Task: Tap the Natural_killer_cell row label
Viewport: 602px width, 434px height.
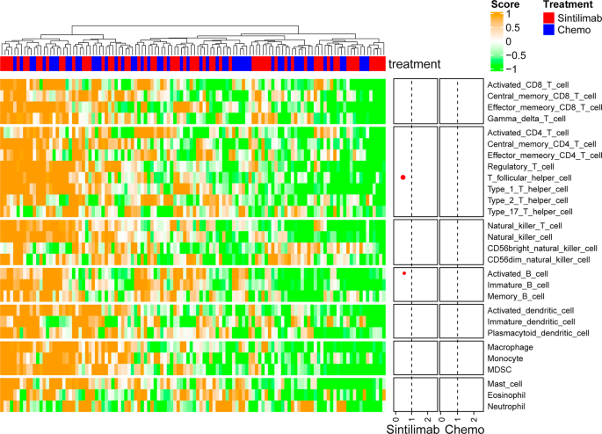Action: coord(519,237)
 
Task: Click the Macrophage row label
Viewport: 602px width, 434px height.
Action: coord(509,347)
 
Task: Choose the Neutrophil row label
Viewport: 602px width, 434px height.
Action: coord(507,408)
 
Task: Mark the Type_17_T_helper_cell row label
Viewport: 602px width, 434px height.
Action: coord(528,212)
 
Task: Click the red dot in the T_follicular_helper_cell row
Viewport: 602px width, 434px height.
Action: coord(403,177)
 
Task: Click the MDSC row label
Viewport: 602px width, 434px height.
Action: coord(499,370)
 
